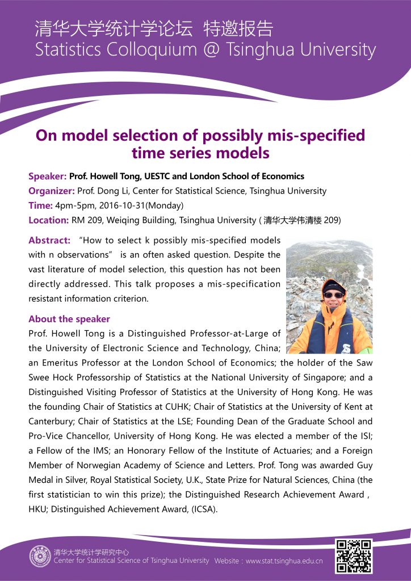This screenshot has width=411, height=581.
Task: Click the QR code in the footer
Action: pyautogui.click(x=354, y=556)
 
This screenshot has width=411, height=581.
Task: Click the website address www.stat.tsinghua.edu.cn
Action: pyautogui.click(x=284, y=561)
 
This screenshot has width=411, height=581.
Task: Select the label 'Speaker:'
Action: pyautogui.click(x=48, y=176)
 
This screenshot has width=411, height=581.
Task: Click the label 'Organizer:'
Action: pyautogui.click(x=52, y=191)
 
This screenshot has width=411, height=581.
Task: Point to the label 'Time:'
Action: pyautogui.click(x=40, y=205)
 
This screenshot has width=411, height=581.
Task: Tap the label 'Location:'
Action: pyautogui.click(x=49, y=220)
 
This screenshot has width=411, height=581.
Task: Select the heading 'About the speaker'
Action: pyautogui.click(x=69, y=319)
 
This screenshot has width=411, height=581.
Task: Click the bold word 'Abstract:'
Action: pyautogui.click(x=49, y=241)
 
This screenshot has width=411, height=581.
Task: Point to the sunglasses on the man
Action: pyautogui.click(x=333, y=295)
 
